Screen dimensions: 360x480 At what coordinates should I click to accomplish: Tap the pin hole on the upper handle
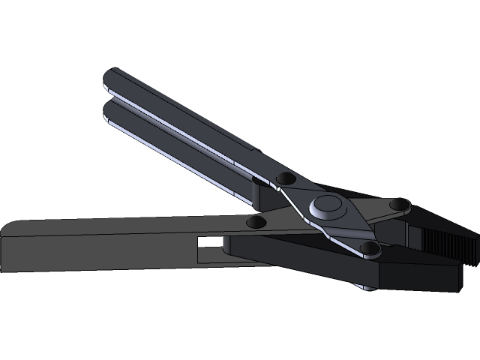point(285,178)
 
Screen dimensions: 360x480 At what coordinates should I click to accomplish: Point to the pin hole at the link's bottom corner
point(367,247)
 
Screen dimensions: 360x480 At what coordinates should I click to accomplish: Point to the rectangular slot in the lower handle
point(211,243)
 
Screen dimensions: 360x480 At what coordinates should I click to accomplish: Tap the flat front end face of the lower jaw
point(456,276)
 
